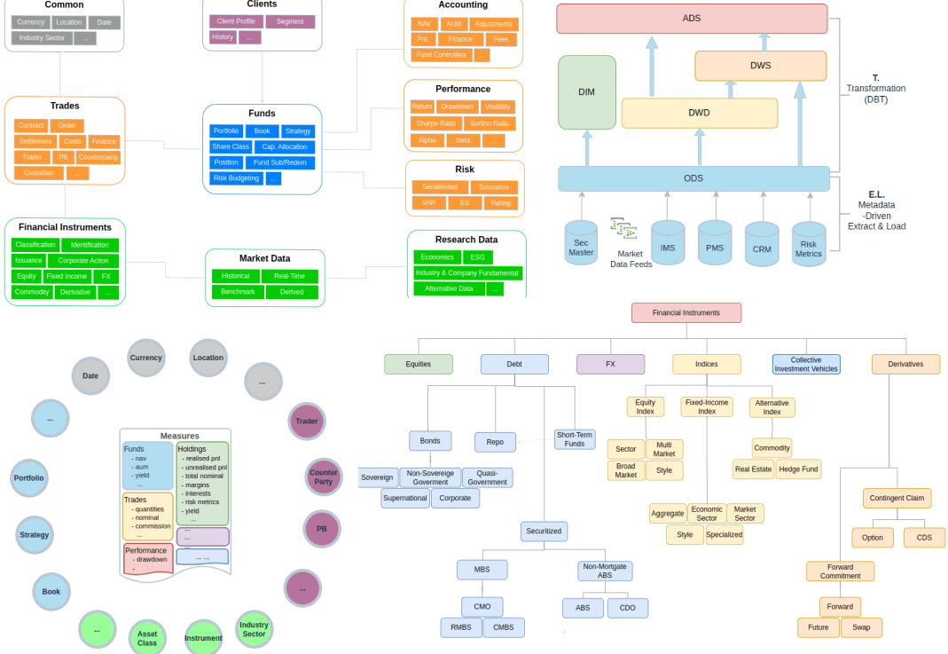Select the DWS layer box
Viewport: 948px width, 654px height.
[760, 66]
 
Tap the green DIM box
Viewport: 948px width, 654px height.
[586, 92]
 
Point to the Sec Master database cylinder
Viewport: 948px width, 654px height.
[582, 243]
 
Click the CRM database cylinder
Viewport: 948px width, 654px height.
[762, 244]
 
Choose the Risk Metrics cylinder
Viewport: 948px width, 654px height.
[809, 244]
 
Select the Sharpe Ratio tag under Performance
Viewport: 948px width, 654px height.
[436, 123]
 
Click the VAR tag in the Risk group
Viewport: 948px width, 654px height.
[427, 202]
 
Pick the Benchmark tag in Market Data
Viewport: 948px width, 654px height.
[237, 292]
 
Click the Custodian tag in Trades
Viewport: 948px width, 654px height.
[39, 173]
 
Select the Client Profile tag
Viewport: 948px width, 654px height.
[236, 21]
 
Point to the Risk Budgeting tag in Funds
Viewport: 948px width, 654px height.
[236, 178]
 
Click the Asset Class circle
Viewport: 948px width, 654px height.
[147, 638]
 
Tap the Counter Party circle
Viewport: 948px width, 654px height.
[324, 477]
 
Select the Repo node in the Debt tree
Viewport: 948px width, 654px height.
[495, 442]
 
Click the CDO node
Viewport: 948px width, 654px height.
[627, 608]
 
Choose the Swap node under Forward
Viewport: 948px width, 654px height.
[861, 627]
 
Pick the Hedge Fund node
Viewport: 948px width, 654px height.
[798, 469]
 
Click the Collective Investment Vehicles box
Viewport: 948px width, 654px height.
[805, 364]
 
